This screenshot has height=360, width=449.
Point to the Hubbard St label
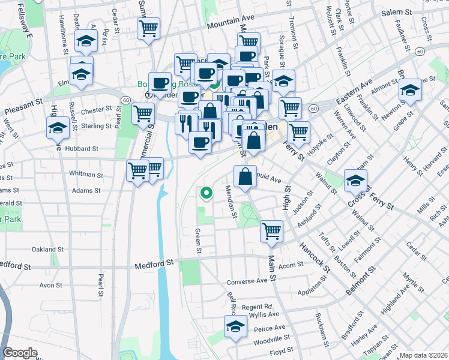click(82, 148)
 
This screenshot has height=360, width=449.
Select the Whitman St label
click(86, 175)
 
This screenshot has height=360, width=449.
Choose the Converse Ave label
click(247, 281)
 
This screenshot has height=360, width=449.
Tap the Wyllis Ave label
click(264, 314)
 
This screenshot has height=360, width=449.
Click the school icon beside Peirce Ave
click(235, 326)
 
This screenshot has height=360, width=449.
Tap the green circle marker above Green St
click(206, 193)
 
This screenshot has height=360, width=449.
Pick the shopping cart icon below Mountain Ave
click(148, 27)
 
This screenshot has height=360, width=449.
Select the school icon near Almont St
click(411, 90)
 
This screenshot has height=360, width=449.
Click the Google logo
click(20, 353)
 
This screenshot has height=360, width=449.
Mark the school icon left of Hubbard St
click(58, 127)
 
